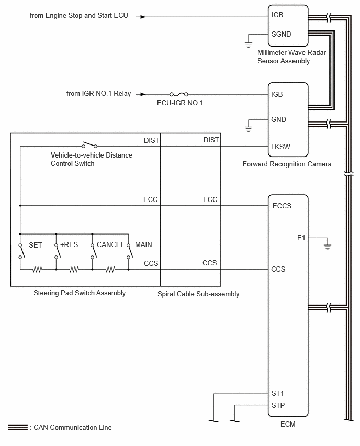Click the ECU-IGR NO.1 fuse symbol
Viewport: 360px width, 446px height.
[x=178, y=94]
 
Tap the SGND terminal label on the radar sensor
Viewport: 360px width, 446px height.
[x=281, y=35]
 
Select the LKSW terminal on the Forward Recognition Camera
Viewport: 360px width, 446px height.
[x=280, y=147]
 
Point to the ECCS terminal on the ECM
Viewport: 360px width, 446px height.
[x=282, y=206]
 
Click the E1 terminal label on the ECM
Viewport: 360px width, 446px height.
[x=301, y=238]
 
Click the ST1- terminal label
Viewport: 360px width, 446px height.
[x=279, y=393]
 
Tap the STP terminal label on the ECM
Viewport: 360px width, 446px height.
[x=278, y=405]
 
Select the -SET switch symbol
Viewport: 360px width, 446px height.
[x=21, y=251]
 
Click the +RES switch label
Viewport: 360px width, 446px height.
[x=69, y=244]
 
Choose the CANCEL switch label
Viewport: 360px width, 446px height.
[x=110, y=244]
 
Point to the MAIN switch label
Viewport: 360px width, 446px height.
[x=143, y=244]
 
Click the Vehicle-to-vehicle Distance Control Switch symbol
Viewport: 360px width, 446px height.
[x=89, y=144]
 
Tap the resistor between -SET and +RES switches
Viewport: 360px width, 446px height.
[x=38, y=269]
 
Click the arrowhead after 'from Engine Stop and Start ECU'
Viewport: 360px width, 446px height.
[x=143, y=17]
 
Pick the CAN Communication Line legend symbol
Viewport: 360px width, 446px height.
[x=18, y=427]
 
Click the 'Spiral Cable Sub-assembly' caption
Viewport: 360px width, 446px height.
[x=198, y=294]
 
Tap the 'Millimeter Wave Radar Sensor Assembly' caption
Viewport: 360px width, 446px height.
[x=291, y=57]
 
